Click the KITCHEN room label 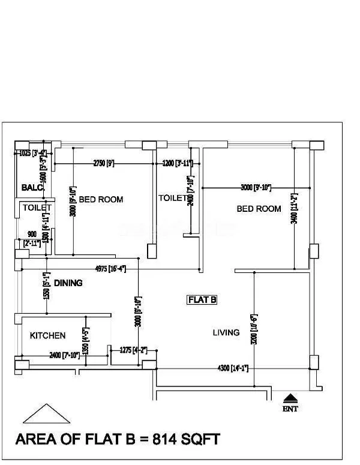pyautogui.click(x=47, y=335)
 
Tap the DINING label pyautogui.click(x=68, y=283)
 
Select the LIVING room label pyautogui.click(x=226, y=332)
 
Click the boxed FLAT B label pyautogui.click(x=202, y=299)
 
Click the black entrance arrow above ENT pyautogui.click(x=290, y=397)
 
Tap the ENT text pyautogui.click(x=290, y=409)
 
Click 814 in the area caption pyautogui.click(x=154, y=439)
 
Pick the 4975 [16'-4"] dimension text pyautogui.click(x=110, y=268)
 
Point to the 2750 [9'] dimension pyautogui.click(x=103, y=163)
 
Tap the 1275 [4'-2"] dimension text pyautogui.click(x=133, y=350)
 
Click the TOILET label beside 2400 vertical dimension pyautogui.click(x=173, y=197)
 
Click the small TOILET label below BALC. pyautogui.click(x=37, y=208)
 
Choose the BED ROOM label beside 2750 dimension pyautogui.click(x=101, y=199)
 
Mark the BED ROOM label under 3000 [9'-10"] pyautogui.click(x=259, y=209)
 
